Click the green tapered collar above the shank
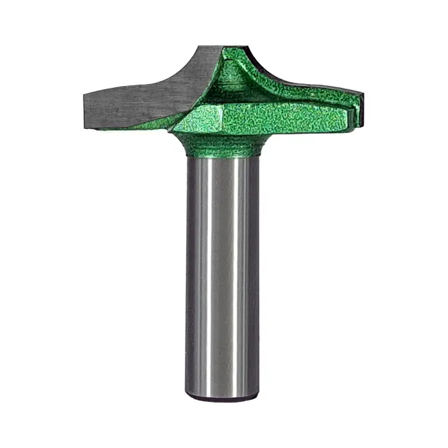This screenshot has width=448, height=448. (x=221, y=143)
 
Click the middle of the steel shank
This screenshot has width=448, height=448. (x=222, y=275)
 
